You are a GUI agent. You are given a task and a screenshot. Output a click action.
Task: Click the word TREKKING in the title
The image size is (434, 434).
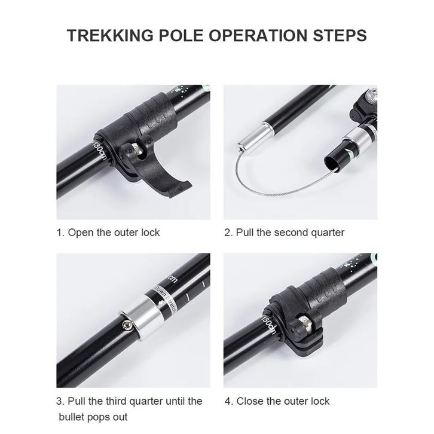click(110, 35)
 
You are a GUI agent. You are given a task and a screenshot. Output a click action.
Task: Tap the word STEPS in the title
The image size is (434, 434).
click(340, 35)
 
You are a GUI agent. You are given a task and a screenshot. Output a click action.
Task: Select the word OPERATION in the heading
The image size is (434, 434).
click(258, 35)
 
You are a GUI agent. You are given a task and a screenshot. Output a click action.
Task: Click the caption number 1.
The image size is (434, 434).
click(60, 233)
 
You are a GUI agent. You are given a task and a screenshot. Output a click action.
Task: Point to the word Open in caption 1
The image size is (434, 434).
click(81, 233)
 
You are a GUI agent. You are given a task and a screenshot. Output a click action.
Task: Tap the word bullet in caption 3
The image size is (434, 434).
click(73, 417)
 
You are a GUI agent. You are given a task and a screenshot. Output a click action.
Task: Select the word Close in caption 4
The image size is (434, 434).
click(250, 401)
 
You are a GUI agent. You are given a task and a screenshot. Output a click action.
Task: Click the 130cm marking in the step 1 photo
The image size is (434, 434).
click(99, 150)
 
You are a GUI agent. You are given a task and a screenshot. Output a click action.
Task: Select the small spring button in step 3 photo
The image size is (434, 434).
click(127, 325)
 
